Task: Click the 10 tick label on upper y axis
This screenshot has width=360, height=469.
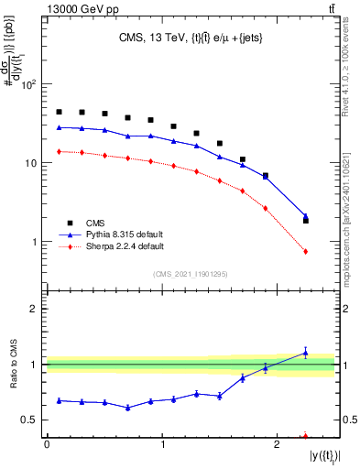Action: click(x=32, y=163)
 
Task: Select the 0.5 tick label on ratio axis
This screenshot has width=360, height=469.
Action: click(x=30, y=420)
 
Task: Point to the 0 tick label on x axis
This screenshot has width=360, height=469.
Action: click(x=47, y=443)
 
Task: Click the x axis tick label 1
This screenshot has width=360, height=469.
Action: click(x=162, y=443)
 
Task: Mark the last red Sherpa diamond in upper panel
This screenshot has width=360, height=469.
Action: click(x=306, y=251)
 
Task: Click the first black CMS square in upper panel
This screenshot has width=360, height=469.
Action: click(x=60, y=112)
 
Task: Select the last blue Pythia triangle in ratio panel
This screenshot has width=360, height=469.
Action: click(x=306, y=353)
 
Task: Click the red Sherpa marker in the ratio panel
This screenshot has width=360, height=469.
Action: click(x=306, y=436)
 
